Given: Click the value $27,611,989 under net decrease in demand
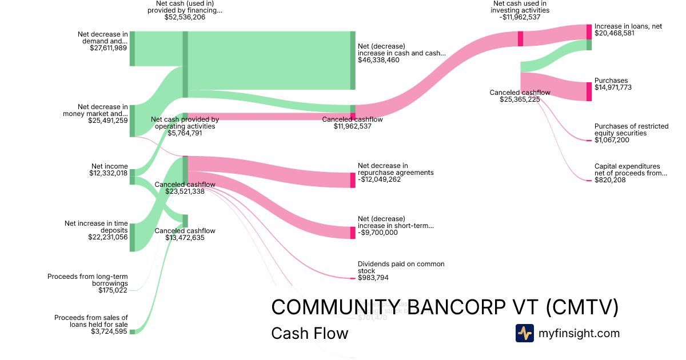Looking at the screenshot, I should point(108,48).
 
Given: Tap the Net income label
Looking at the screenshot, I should point(109,166).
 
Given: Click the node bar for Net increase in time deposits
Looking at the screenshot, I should point(132,237).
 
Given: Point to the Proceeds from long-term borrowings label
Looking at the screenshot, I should point(87,280).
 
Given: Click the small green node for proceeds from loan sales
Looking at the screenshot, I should point(132,331).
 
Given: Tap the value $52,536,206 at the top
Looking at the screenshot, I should point(185,17).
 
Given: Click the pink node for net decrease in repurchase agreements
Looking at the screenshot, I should point(353,180).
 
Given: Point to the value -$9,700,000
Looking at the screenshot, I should point(377,233).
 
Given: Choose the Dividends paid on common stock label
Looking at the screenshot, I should point(401,267).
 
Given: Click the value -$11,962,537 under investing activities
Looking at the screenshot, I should point(520,17).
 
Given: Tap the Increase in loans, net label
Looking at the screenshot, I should point(628,26).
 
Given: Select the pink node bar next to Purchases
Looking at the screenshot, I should point(589,91).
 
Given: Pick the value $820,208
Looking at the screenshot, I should point(610,180).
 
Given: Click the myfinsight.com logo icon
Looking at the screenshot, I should point(525,333).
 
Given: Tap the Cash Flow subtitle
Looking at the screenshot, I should point(309,333).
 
